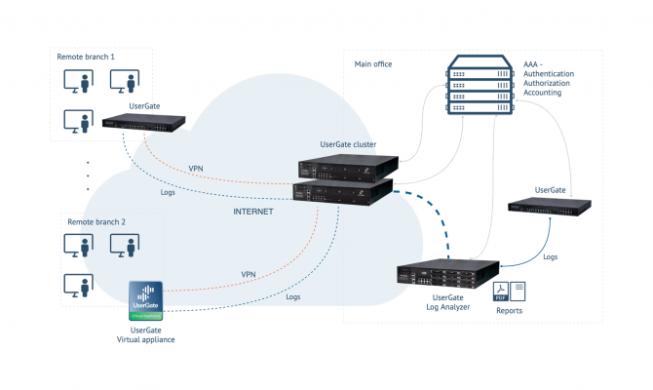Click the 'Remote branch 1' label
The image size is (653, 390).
click(87, 57)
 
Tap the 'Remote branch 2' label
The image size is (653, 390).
click(96, 222)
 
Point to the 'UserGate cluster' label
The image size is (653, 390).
click(348, 144)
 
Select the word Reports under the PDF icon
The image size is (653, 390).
click(509, 311)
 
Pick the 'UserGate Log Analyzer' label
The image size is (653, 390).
click(444, 301)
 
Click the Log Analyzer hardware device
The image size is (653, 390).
click(447, 275)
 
